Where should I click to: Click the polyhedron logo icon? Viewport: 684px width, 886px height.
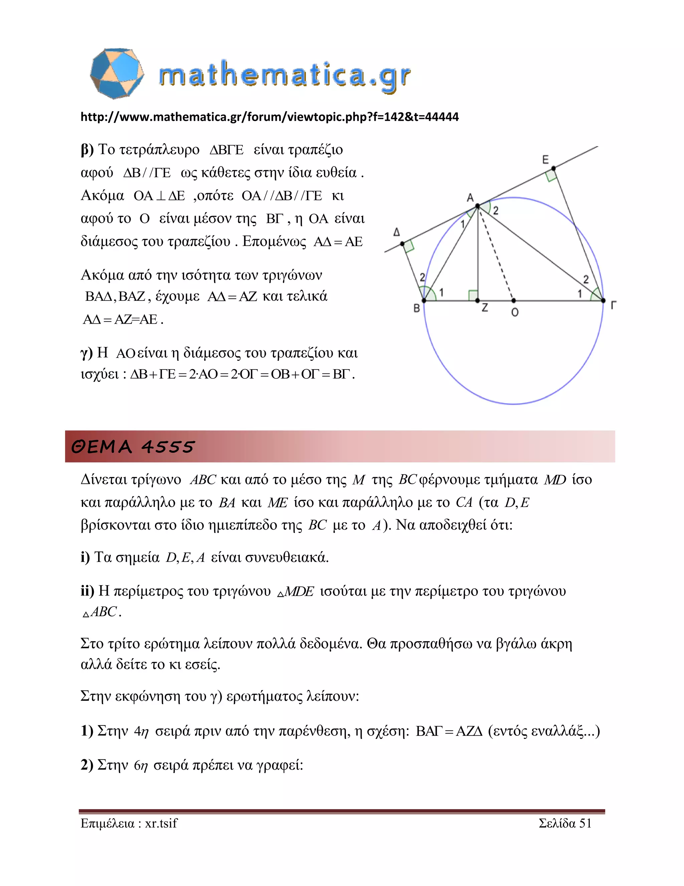point(117,74)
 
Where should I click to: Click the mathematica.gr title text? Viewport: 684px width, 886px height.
point(285,76)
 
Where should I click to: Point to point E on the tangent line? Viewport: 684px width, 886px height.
point(553,168)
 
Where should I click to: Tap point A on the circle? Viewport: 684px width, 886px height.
point(478,206)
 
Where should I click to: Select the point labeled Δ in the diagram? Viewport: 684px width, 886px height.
point(402,244)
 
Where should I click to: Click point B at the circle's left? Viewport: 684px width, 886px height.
point(424,301)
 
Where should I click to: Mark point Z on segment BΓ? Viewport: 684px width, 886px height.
point(477,301)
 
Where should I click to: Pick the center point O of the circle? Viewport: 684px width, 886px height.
point(513,301)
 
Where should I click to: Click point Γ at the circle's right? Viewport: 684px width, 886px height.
point(603,301)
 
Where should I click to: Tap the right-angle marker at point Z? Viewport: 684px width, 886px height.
point(473,295)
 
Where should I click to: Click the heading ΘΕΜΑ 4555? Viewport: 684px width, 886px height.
point(133,447)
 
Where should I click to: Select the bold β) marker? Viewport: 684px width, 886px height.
point(87,150)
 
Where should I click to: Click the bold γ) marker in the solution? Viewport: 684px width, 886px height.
point(87,353)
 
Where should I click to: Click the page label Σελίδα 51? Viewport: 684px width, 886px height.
point(565,823)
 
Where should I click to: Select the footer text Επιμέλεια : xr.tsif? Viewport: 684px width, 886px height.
point(129,823)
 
